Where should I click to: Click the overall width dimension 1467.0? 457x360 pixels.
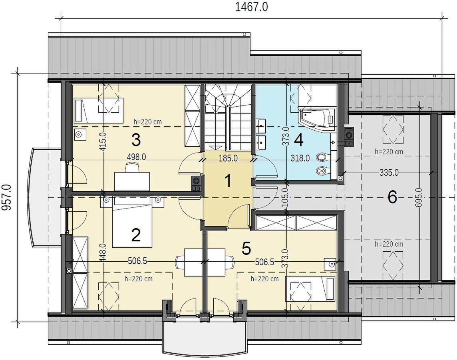[x=251, y=7]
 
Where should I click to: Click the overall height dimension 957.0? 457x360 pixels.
[x=6, y=197]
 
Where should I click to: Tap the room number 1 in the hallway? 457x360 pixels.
[x=228, y=181]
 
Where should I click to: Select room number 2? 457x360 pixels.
[x=136, y=235]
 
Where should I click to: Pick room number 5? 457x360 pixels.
[x=246, y=249]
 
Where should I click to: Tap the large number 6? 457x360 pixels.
[x=392, y=197]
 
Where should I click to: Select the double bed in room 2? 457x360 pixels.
[x=132, y=222]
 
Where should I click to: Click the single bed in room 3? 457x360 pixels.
[x=99, y=110]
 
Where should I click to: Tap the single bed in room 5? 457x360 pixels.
[x=311, y=288]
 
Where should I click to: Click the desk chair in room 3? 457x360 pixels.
[x=131, y=168]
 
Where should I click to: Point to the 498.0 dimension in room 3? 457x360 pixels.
[x=136, y=157]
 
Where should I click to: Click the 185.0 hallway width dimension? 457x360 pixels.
[x=228, y=158]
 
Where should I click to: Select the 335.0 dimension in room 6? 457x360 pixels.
[x=389, y=173]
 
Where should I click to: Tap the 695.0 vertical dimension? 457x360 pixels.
[x=419, y=197]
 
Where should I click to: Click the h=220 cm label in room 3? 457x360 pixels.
[x=147, y=121]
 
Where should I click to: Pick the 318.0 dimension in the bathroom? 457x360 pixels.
[x=300, y=158]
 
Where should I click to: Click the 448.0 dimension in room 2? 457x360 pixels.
[x=103, y=253]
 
